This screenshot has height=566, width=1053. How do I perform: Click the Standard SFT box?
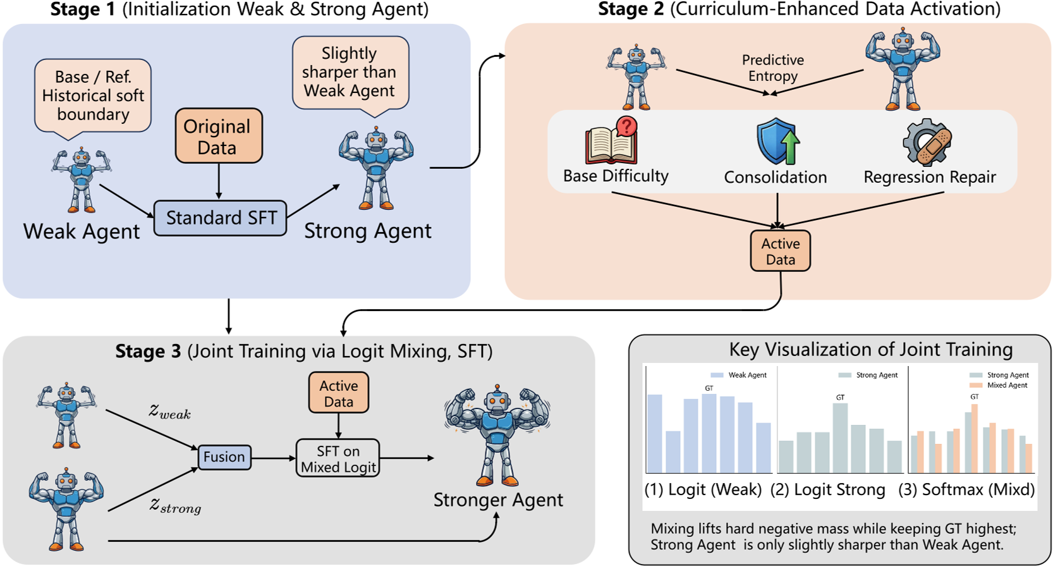pyautogui.click(x=221, y=218)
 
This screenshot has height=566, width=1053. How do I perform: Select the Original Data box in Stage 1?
pyautogui.click(x=219, y=136)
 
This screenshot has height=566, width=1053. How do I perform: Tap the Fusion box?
pyautogui.click(x=224, y=457)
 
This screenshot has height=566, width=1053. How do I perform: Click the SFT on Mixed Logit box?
pyautogui.click(x=338, y=458)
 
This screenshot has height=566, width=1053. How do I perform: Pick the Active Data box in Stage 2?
pyautogui.click(x=780, y=251)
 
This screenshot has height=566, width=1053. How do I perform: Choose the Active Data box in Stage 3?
pyautogui.click(x=339, y=393)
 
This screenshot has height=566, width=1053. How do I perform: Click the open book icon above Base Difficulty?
pyautogui.click(x=611, y=140)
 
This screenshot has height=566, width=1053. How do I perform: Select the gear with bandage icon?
pyautogui.click(x=927, y=142)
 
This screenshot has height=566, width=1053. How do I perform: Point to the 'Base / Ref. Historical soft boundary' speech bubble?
pyautogui.click(x=93, y=95)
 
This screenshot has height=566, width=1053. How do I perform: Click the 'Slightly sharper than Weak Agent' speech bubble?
pyautogui.click(x=350, y=72)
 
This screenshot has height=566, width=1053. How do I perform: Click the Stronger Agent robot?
pyautogui.click(x=497, y=433)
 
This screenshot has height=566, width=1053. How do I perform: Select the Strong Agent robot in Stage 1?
pyautogui.click(x=376, y=168)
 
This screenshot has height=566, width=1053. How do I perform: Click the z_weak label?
pyautogui.click(x=169, y=412)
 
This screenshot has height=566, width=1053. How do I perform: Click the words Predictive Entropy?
pyautogui.click(x=772, y=68)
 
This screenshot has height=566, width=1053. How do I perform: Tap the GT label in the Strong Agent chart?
pyautogui.click(x=840, y=397)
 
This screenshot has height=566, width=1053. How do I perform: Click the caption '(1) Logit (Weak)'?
pyautogui.click(x=703, y=489)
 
